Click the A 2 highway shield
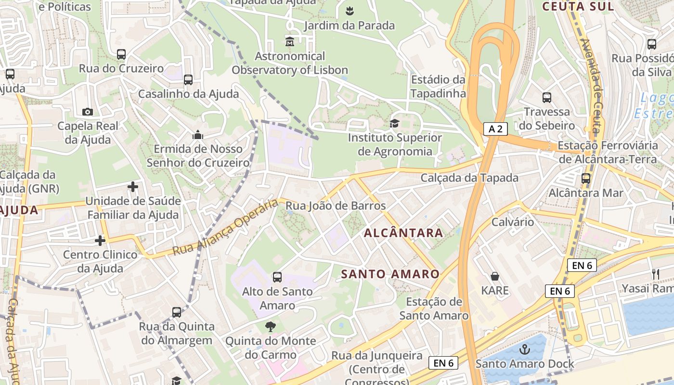click(495, 128)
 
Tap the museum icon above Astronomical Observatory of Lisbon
click(290, 42)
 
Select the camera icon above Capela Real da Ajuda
click(87, 112)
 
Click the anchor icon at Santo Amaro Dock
click(525, 349)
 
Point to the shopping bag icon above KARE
click(495, 276)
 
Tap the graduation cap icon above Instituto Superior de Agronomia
click(394, 124)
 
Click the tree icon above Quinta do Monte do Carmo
click(271, 327)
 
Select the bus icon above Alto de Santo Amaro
click(277, 277)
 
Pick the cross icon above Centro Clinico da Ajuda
click(100, 240)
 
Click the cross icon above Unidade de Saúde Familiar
click(133, 186)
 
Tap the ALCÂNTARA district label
click(403, 233)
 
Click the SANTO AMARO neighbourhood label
click(390, 274)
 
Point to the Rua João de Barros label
click(336, 206)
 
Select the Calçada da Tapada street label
click(469, 178)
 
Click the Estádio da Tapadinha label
click(438, 86)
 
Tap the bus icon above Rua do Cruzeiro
click(121, 54)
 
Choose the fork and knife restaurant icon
click(655, 274)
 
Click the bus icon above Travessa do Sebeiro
click(547, 98)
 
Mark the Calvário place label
click(512, 222)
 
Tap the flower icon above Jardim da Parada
click(350, 11)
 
